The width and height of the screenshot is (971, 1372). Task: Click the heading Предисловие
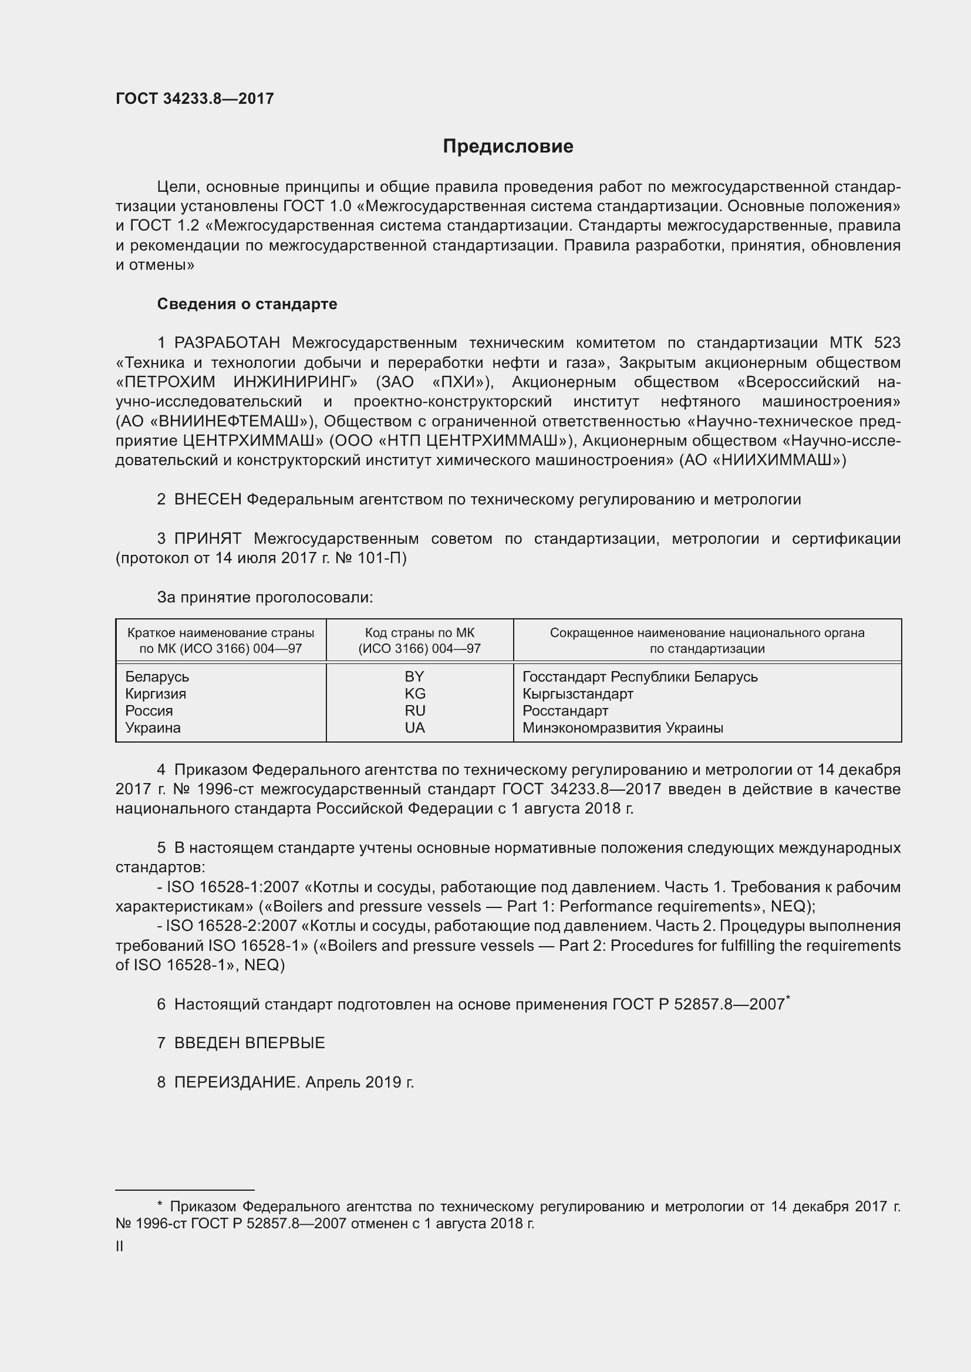tap(508, 147)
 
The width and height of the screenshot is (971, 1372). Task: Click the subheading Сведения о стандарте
tap(247, 304)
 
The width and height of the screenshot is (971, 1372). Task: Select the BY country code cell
tap(414, 676)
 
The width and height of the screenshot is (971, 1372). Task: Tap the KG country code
tap(415, 694)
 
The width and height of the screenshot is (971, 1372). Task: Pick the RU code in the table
tap(415, 710)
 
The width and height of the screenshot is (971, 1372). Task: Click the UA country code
tap(415, 728)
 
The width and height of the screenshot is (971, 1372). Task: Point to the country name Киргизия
tap(156, 694)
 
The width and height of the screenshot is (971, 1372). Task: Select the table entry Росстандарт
tap(565, 711)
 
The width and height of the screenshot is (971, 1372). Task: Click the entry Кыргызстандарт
tap(578, 694)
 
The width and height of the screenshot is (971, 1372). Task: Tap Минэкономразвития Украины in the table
tap(622, 728)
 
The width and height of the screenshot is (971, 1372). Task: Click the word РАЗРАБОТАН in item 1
tap(227, 343)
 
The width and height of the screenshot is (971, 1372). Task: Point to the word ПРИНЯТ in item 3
tap(207, 539)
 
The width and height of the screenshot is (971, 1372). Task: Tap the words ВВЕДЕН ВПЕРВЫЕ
tap(250, 1043)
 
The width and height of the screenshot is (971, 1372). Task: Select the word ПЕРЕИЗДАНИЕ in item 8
tap(236, 1082)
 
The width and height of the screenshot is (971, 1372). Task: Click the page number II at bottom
tap(120, 1246)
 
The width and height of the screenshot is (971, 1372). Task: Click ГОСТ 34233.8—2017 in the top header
tap(194, 99)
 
